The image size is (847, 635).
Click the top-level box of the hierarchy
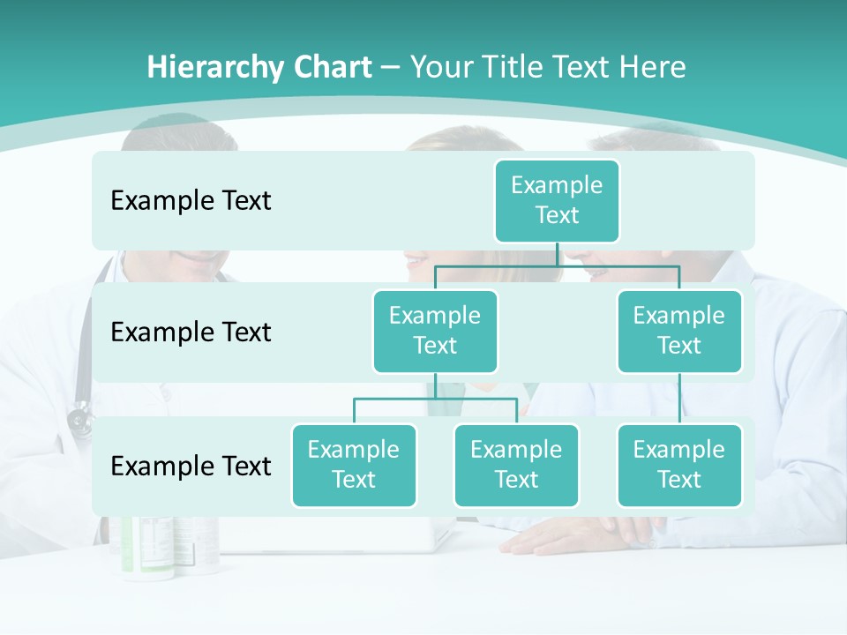[557, 200]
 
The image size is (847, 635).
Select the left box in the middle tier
[435, 331]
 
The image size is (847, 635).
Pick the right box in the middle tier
[679, 331]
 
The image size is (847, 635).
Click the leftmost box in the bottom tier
[354, 465]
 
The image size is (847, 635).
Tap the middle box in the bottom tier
[516, 465]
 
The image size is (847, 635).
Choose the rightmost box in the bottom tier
[679, 465]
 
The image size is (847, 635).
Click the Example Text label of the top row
[191, 201]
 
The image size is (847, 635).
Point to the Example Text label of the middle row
[191, 332]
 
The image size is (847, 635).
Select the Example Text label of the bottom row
[191, 466]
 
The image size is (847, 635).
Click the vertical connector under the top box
[557, 254]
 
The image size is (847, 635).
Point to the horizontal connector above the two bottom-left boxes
[435, 399]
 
